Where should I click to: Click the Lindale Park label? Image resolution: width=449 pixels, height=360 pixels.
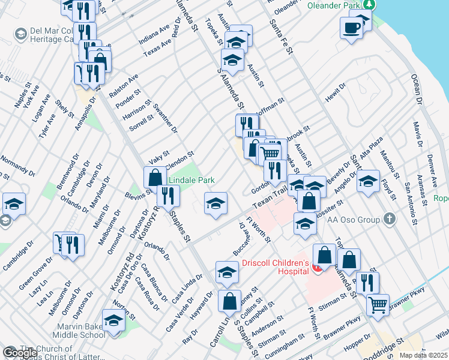pyautogui.click(x=191, y=180)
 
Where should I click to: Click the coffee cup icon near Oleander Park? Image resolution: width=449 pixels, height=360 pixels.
pyautogui.click(x=352, y=27)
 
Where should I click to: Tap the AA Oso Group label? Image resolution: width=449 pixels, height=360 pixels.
pyautogui.click(x=353, y=220)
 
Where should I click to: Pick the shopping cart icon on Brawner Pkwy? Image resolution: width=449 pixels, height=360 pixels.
pyautogui.click(x=378, y=304)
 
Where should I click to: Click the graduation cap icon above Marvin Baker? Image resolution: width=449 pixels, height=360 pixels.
pyautogui.click(x=113, y=320)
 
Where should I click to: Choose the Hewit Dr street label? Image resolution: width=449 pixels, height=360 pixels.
pyautogui.click(x=336, y=91)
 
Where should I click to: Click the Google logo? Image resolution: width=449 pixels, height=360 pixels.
pyautogui.click(x=20, y=353)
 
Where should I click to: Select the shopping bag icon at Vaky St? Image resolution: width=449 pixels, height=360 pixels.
pyautogui.click(x=155, y=177)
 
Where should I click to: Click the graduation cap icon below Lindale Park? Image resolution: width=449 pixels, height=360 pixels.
pyautogui.click(x=215, y=203)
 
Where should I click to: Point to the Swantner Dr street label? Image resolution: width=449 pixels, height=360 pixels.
pyautogui.click(x=166, y=118)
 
